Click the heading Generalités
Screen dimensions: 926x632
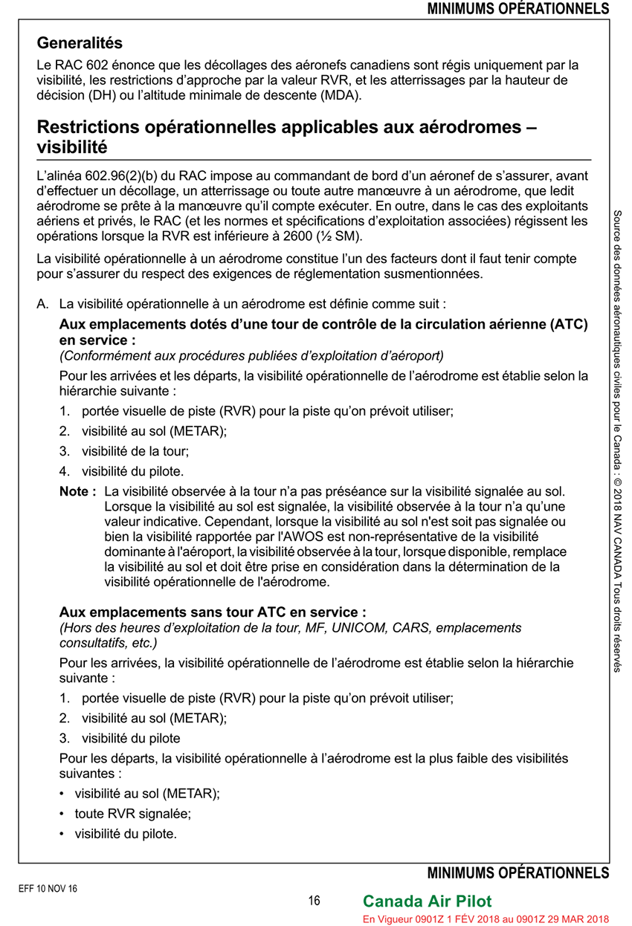coord(80,43)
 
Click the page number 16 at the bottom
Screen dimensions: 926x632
coord(315,901)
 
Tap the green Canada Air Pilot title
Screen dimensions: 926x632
coord(427,901)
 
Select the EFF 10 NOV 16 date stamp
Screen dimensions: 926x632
coord(48,888)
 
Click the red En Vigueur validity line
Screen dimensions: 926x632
coord(485,919)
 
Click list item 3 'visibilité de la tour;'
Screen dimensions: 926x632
coord(135,450)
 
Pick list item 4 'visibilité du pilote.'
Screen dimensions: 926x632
coord(132,470)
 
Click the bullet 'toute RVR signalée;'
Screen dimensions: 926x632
coord(132,813)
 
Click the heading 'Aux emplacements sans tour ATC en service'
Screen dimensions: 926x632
coord(212,613)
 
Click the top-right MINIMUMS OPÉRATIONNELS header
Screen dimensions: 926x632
coord(517,9)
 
